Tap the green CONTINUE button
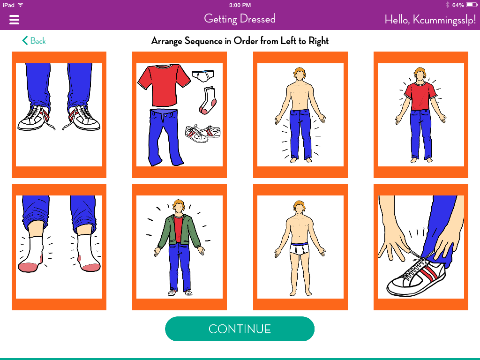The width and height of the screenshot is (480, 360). point(240,329)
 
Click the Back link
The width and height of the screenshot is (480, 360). point(34,41)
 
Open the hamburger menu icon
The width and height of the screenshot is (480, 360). point(14,20)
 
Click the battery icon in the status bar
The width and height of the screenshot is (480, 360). point(472,5)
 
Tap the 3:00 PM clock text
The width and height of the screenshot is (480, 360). point(240,5)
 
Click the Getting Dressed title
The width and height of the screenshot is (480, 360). point(240,19)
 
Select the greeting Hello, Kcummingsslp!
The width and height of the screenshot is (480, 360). point(430,20)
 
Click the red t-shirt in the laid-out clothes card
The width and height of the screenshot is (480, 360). point(164,85)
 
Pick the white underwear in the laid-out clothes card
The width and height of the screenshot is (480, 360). point(202,76)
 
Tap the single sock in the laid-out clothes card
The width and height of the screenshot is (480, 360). point(208,100)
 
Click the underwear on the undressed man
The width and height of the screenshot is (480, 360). point(300,248)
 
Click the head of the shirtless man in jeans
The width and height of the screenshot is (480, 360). point(300,74)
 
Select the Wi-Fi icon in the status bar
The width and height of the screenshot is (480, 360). point(21,5)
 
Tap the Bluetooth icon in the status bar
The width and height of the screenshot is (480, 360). point(447,5)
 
